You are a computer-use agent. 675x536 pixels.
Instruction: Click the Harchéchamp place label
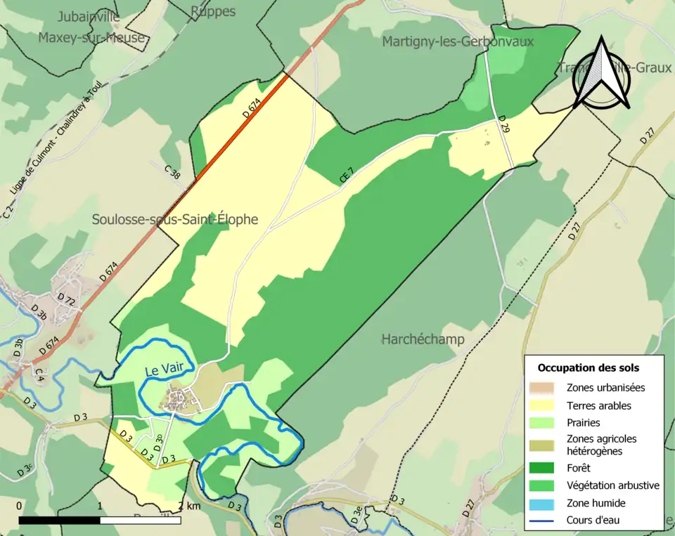pyautogui.click(x=423, y=340)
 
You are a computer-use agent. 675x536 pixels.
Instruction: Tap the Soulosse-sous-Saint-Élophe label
pyautogui.click(x=175, y=220)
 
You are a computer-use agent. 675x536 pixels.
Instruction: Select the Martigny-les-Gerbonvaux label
pyautogui.click(x=458, y=42)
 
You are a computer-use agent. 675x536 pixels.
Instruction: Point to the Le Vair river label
pyautogui.click(x=160, y=370)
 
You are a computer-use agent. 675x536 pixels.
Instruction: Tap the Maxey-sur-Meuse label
pyautogui.click(x=91, y=37)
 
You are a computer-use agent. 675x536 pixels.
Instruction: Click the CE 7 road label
pyautogui.click(x=347, y=175)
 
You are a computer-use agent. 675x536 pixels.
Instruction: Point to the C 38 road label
pyautogui.click(x=173, y=173)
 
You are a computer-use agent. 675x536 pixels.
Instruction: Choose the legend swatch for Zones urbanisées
pyautogui.click(x=546, y=388)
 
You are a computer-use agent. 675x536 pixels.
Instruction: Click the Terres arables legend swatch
pyautogui.click(x=546, y=405)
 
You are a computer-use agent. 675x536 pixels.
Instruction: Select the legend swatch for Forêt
pyautogui.click(x=546, y=467)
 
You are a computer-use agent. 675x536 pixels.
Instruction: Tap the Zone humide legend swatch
pyautogui.click(x=546, y=503)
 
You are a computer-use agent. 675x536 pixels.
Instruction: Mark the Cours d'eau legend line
pyautogui.click(x=546, y=521)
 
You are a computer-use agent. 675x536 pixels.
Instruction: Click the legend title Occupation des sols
pyautogui.click(x=588, y=367)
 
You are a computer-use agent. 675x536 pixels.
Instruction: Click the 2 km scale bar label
pyautogui.click(x=190, y=506)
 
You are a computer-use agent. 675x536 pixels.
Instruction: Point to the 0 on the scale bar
pyautogui.click(x=19, y=506)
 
